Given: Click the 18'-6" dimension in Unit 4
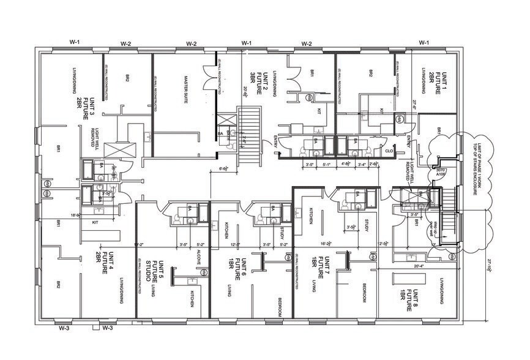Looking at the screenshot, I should pyautogui.click(x=76, y=215).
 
